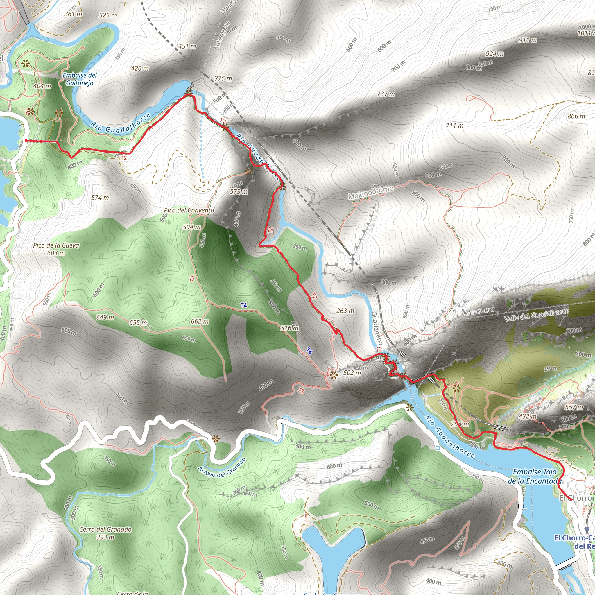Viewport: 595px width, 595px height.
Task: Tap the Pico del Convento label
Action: coord(189,210)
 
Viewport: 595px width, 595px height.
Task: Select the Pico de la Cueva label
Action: coord(56,249)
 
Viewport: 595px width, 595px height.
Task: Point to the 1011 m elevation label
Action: coord(585,33)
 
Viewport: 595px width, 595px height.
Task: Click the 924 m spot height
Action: coord(494,54)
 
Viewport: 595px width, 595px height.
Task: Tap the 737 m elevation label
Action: coord(386,94)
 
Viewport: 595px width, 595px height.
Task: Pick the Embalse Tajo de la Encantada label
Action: coord(535,476)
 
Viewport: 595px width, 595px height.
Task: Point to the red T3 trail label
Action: coord(301,391)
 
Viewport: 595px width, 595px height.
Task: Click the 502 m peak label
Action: coord(352,373)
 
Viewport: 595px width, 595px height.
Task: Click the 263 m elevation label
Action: coord(345,311)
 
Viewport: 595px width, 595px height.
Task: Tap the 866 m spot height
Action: coord(576,116)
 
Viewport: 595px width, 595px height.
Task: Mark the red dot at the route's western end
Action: coord(26,141)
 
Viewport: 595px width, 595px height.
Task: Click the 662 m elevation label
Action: coord(200,321)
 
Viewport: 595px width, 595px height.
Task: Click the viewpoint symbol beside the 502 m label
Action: coord(334,374)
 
